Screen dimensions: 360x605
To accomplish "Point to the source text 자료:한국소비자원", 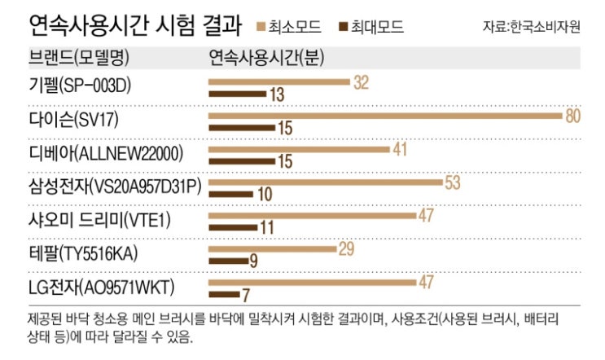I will point(531,28).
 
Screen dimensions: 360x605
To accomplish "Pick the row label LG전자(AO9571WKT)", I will point(99,287).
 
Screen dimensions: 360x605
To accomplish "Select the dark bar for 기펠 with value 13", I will point(236,94).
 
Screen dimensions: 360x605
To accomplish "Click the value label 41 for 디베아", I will point(400,149).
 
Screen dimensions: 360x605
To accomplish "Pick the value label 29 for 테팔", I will point(346,248).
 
